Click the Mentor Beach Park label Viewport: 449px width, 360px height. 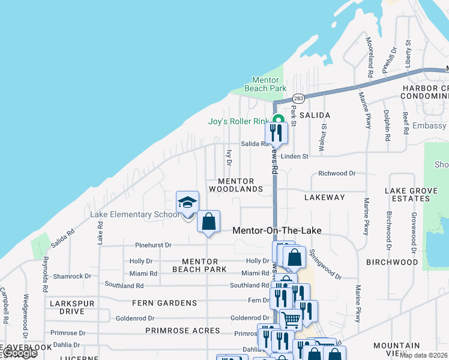coord(265,84)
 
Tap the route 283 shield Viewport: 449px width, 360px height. coord(298,98)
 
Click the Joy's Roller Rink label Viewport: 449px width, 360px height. coord(238,121)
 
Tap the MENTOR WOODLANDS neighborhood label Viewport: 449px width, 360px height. coord(236,185)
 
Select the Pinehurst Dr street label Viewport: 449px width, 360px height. coord(153,245)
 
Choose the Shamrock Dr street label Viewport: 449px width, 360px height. coord(71,277)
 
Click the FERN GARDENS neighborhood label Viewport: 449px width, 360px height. coord(164,303)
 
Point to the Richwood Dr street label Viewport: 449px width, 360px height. coord(337,173)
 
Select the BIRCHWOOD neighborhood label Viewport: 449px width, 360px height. coord(391,262)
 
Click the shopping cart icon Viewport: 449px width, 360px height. coord(291,319)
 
